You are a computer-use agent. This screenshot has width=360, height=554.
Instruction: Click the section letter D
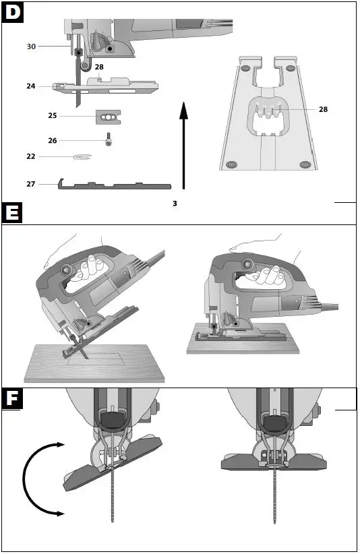13,12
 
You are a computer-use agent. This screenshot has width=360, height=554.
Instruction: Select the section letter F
13,399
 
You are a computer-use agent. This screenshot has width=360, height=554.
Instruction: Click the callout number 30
31,47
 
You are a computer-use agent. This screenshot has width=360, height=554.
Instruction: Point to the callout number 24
31,86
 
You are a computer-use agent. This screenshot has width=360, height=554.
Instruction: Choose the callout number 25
53,116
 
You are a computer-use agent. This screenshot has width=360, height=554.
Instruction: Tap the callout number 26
53,141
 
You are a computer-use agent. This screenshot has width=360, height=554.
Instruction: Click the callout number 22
31,156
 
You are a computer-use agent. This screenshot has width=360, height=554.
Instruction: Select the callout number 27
31,183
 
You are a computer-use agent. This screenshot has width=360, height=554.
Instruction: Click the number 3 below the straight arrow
175,203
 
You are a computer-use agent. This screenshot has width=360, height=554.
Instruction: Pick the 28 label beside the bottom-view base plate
323,109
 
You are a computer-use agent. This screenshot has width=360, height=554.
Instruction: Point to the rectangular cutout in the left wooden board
94,357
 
